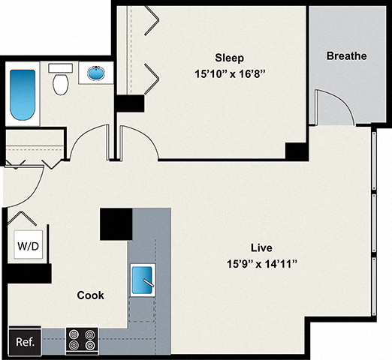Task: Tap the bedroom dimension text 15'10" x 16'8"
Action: coord(231,74)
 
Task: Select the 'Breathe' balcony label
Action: coord(346,56)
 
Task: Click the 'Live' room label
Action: coord(261,247)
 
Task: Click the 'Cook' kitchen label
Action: coord(91,295)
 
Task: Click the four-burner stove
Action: coord(81,340)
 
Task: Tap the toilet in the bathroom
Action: coord(60,80)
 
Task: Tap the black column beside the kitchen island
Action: coord(116,224)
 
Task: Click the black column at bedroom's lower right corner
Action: coord(296,150)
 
